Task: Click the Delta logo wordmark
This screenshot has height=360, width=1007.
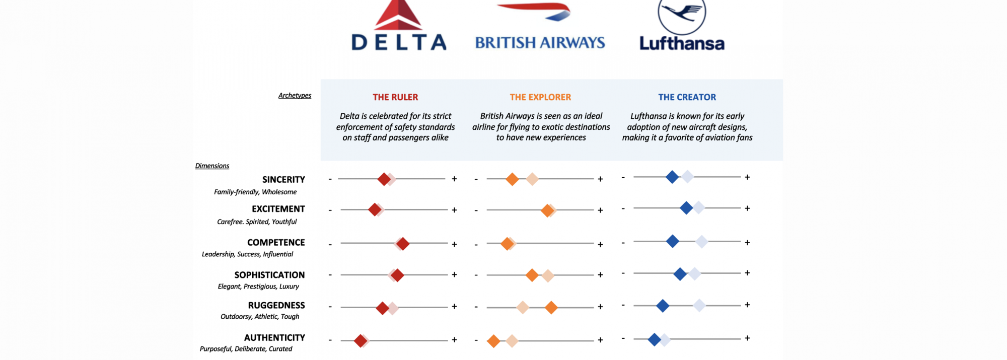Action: coord(399,42)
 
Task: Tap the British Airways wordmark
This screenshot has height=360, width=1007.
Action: coord(540,43)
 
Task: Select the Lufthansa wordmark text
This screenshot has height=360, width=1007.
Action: coord(682,44)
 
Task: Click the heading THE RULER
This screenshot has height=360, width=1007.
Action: coord(395,97)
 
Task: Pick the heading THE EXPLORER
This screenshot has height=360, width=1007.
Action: coord(540,97)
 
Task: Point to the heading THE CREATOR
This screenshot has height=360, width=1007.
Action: coord(687,97)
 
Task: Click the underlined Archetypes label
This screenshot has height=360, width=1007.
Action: coord(295,96)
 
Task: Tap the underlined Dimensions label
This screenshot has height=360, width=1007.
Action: coord(212,166)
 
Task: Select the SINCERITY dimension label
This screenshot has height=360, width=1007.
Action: coord(283,180)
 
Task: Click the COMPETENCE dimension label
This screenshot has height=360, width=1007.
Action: coord(276,243)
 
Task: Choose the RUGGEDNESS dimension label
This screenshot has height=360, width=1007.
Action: coord(276,306)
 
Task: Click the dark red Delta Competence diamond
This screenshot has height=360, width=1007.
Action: coord(403,244)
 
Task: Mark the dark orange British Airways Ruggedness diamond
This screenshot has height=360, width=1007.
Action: coord(551,307)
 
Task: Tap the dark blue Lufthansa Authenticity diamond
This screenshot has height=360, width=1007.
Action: coord(654,339)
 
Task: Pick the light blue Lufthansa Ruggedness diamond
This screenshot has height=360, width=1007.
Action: coord(699,305)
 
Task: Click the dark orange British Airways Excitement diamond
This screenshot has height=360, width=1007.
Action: coord(547,210)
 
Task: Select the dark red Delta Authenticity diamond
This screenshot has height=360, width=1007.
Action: coord(361,341)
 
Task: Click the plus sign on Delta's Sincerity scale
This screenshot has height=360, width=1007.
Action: coord(454,179)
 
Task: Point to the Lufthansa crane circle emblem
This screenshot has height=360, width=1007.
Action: coord(682,14)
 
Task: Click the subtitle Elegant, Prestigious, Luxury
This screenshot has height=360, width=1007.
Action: coord(258,286)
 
